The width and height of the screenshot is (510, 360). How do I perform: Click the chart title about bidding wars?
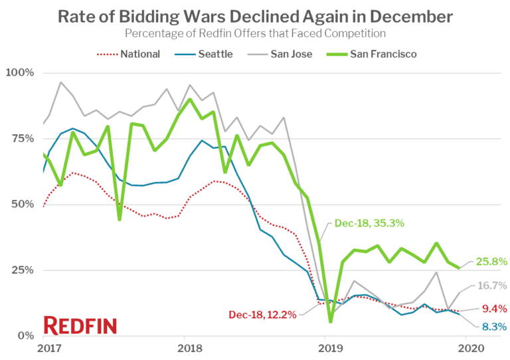pyautogui.click(x=255, y=16)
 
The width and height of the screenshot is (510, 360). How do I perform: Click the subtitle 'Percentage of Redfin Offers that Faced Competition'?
pyautogui.click(x=255, y=33)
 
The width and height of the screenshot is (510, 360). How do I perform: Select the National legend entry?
pyautogui.click(x=130, y=54)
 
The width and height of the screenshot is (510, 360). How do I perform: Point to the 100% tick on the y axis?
pyautogui.click(x=19, y=72)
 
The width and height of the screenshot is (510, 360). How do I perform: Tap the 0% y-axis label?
pyautogui.click(x=25, y=336)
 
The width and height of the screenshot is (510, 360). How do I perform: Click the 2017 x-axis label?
pyautogui.click(x=44, y=349)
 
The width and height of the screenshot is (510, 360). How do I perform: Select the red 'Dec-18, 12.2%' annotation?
pyautogui.click(x=264, y=314)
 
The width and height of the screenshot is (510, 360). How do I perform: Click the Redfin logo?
pyautogui.click(x=80, y=325)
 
